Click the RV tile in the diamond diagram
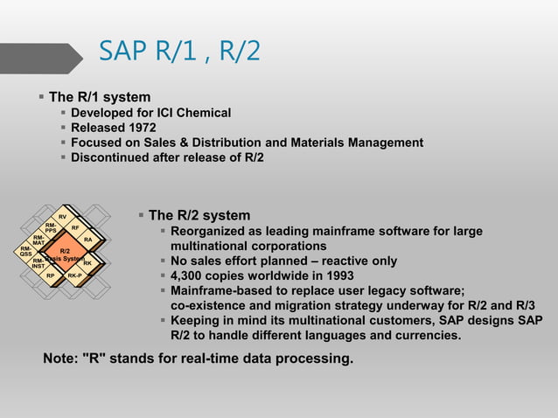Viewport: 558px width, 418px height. (63, 217)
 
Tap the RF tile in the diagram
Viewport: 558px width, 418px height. (75, 228)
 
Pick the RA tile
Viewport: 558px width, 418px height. (87, 240)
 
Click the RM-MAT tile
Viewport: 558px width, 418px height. (38, 240)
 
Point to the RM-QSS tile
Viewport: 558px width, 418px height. (26, 251)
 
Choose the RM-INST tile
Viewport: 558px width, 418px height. (38, 263)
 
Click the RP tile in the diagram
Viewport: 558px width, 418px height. (51, 275)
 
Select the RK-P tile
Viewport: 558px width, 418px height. (75, 275)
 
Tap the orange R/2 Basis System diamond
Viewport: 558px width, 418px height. (64, 254)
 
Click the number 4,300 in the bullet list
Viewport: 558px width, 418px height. (187, 276)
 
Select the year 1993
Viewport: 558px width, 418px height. (330, 276)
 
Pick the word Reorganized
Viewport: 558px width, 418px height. (211, 232)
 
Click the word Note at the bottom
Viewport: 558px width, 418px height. (59, 358)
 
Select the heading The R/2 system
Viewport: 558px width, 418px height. (199, 215)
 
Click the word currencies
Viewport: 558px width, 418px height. (427, 336)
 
